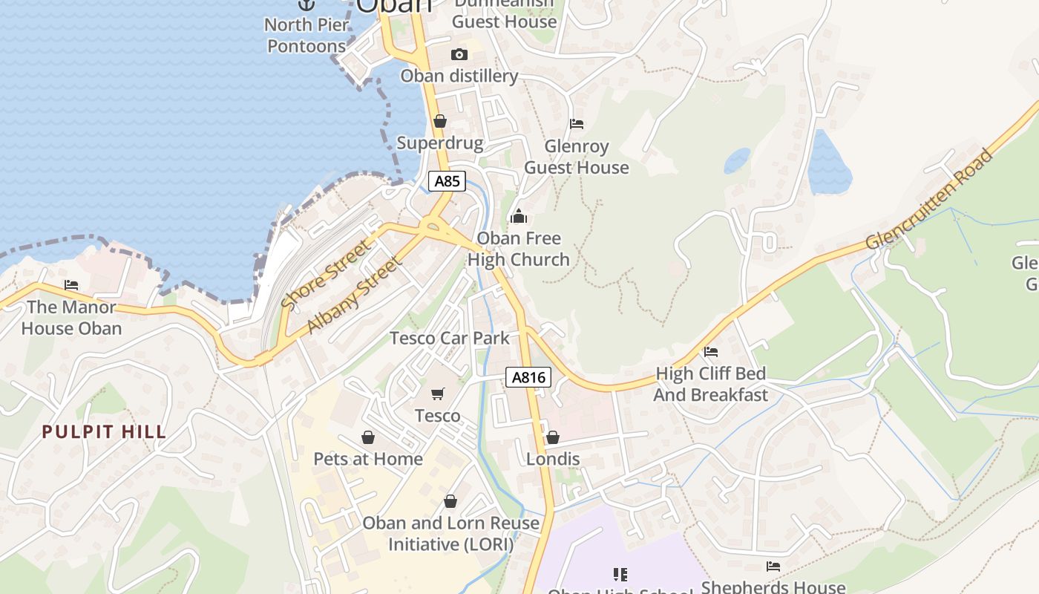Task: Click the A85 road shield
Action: click(x=447, y=181)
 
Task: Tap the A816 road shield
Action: click(x=529, y=377)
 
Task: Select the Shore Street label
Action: click(x=325, y=274)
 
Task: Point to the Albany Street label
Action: click(x=355, y=295)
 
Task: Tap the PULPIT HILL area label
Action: click(x=104, y=432)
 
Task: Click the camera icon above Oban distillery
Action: click(x=459, y=54)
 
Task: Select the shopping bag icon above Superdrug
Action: click(x=440, y=120)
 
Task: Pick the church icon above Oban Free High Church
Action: click(x=519, y=216)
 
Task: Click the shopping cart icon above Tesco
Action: click(x=438, y=394)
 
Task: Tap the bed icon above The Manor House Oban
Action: click(x=71, y=284)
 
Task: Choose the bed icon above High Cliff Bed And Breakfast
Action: click(x=711, y=351)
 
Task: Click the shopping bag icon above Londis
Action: click(x=553, y=437)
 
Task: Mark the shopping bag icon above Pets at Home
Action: click(x=368, y=437)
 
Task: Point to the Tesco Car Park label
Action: click(x=450, y=339)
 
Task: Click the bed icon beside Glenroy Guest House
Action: click(x=577, y=123)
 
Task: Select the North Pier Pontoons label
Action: click(x=307, y=36)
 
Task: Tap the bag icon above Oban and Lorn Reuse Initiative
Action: click(x=450, y=501)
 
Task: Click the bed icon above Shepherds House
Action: click(x=773, y=567)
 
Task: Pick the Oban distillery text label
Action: click(x=459, y=76)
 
